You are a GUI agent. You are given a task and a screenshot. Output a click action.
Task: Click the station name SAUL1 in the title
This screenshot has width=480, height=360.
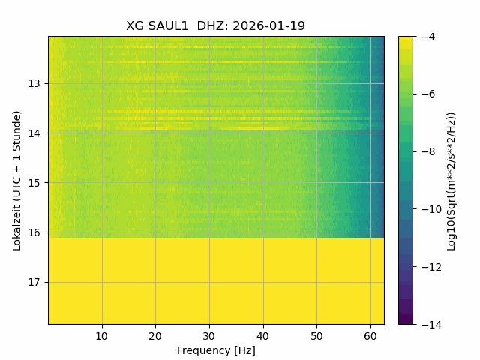pos(168,26)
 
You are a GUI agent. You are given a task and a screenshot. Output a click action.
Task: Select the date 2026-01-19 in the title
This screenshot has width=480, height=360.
pos(268,26)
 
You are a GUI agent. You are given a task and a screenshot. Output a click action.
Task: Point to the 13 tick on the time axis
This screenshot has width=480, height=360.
pos(34,83)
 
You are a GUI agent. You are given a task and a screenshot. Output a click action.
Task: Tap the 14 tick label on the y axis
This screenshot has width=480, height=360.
pos(34,133)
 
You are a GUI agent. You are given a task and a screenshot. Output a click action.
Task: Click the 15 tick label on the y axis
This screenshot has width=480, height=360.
pos(34,183)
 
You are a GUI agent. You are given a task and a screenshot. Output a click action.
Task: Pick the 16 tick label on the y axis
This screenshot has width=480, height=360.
pos(34,232)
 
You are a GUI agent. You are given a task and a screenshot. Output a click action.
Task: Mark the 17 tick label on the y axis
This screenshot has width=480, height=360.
pos(34,282)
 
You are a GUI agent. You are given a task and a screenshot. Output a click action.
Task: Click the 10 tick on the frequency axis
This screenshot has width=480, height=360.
pos(102,337)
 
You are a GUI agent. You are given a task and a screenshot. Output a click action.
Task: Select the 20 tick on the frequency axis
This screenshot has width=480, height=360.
pos(155,337)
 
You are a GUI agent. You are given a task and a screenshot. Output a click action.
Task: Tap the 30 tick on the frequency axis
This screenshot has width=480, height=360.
pos(209,337)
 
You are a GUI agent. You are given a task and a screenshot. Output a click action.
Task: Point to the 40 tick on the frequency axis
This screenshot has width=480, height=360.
pos(263,337)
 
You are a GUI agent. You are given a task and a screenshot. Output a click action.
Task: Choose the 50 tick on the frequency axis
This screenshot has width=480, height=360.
pos(316,337)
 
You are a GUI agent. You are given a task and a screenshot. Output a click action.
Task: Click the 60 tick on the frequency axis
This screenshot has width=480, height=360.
pos(370,337)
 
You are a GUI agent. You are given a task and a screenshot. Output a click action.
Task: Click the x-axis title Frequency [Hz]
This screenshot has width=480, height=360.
pos(216,350)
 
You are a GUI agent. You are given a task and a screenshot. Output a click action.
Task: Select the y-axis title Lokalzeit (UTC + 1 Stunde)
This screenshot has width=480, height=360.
pos(17,181)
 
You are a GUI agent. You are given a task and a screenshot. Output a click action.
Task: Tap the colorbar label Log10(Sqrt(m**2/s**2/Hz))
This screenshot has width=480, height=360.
pos(451,181)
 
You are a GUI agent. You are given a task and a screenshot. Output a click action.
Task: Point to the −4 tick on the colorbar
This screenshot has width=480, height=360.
pos(428,37)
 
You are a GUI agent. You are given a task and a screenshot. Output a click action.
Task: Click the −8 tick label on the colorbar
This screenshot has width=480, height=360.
pos(428,151)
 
